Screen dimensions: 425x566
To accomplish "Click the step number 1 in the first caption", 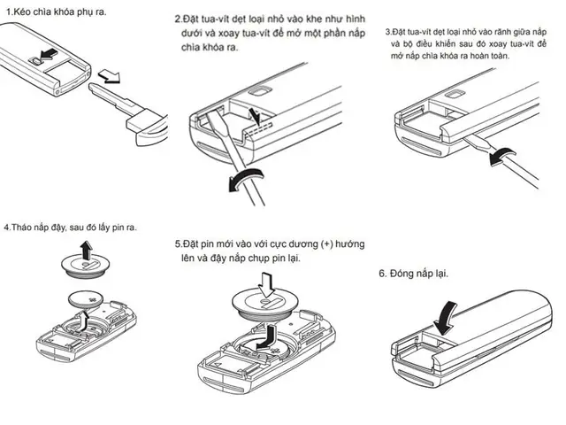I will pos(7,12).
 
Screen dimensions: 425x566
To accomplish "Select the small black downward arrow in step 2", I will pos(255,116).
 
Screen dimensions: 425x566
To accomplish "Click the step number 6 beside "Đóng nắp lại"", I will pos(383,274).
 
